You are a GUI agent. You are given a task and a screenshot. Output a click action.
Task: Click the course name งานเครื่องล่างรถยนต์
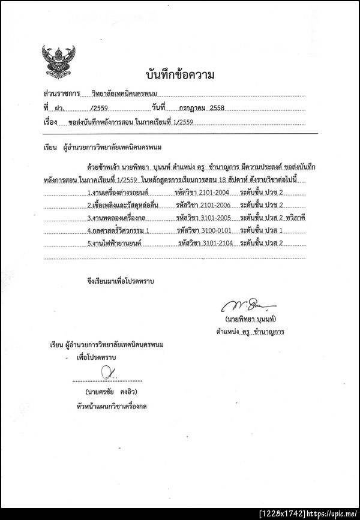click(x=118, y=193)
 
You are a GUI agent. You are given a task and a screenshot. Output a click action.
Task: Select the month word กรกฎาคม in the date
click(x=188, y=108)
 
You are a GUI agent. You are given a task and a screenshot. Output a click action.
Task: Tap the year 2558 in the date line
click(x=215, y=108)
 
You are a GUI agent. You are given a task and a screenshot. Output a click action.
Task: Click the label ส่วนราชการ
click(x=62, y=94)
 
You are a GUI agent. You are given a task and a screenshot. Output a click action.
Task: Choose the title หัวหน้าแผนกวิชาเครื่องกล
click(x=113, y=406)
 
